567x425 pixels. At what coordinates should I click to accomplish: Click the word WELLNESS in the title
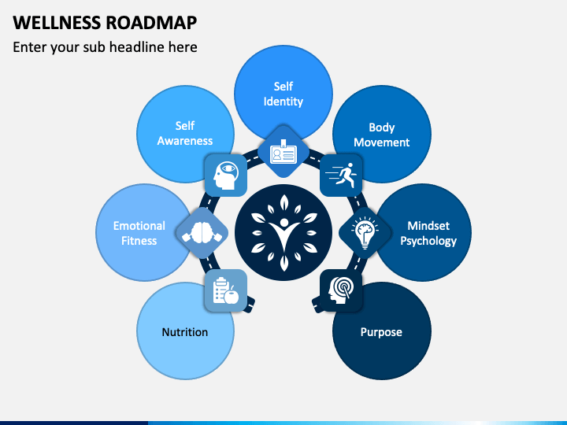[x=57, y=22]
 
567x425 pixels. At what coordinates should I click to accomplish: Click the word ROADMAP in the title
[x=151, y=22]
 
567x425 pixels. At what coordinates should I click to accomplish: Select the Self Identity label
[x=283, y=94]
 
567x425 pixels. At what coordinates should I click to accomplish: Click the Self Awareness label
[x=185, y=133]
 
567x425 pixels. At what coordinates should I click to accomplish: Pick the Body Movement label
[x=381, y=135]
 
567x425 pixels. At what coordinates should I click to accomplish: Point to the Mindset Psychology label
[x=428, y=234]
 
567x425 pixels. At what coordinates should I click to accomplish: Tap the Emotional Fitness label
[x=139, y=233]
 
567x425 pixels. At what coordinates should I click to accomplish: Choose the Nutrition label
[x=185, y=332]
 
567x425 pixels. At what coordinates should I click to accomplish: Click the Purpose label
[x=381, y=332]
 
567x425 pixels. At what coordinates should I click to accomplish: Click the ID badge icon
[x=283, y=152]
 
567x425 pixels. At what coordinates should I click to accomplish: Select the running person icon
[x=341, y=176]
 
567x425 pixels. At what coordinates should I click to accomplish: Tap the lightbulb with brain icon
[x=365, y=233]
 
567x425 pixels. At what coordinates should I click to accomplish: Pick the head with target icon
[x=341, y=290]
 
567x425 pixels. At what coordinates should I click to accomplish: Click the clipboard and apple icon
[x=226, y=290]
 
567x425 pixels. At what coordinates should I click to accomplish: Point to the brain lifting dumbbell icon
[x=202, y=233]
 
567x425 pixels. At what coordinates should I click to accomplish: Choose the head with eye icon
[x=226, y=176]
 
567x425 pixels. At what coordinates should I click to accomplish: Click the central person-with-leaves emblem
[x=283, y=233]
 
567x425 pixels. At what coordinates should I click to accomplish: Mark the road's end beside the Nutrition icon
[x=250, y=305]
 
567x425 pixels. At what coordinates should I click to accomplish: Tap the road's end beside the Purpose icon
[x=317, y=305]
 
